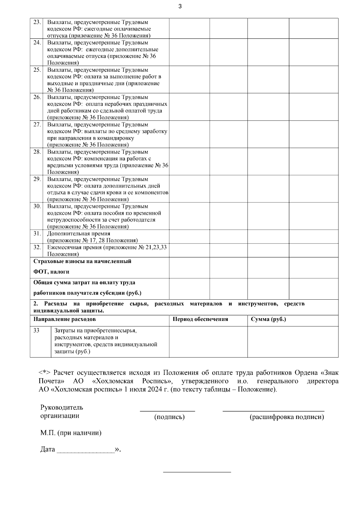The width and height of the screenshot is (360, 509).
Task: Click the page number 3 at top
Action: tap(180, 6)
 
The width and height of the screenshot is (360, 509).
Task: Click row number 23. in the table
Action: tap(37, 22)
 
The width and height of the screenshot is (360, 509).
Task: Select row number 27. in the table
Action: tap(37, 124)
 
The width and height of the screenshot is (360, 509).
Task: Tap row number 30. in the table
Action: tap(37, 206)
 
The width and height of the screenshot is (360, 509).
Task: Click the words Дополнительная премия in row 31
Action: tap(79, 233)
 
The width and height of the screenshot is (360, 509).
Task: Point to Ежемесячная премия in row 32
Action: tap(75, 247)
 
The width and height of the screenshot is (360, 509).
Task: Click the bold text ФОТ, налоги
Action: tap(51, 272)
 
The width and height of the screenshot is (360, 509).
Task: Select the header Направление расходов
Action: tap(64, 319)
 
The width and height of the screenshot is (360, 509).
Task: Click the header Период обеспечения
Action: tap(200, 319)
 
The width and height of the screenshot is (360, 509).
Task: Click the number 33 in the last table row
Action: tap(36, 331)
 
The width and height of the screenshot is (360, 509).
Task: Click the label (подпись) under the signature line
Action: tap(169, 417)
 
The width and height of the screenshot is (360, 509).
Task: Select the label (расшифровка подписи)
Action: tap(286, 417)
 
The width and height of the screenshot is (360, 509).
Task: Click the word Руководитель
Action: tap(61, 408)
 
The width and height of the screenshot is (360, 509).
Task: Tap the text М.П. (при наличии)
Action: tap(71, 433)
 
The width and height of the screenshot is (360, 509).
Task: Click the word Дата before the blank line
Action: tap(48, 449)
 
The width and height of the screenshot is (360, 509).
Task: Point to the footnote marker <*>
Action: tap(45, 373)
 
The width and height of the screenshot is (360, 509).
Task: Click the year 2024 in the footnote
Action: tap(156, 390)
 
